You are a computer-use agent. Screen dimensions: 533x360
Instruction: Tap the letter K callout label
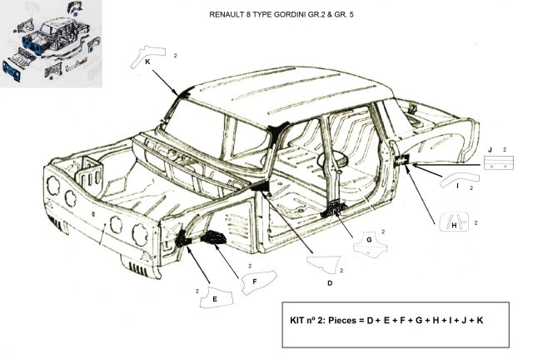point(147,62)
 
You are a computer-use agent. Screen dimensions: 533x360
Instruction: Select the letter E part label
point(215,299)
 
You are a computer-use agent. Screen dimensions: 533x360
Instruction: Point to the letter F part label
point(254,282)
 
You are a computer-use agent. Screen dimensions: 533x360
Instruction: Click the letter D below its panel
point(330,283)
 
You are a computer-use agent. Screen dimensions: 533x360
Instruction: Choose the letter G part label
point(369,239)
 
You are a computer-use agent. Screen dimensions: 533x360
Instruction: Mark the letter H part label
point(454,225)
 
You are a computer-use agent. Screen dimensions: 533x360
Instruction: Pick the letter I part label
point(457,186)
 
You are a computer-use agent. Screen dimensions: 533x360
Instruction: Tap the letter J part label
point(490,150)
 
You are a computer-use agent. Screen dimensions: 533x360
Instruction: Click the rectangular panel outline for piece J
point(499,162)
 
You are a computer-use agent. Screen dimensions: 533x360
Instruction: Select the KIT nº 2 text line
point(386,321)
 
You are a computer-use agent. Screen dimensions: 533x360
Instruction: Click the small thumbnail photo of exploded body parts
point(51,43)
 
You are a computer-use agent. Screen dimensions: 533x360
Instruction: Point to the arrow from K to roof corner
point(165,82)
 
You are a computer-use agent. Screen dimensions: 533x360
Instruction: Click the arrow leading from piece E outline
point(198,265)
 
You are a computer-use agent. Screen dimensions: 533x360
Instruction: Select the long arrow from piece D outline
point(287,222)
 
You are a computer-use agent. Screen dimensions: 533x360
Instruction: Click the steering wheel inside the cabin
point(331,158)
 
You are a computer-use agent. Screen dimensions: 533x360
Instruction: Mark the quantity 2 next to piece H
point(476,223)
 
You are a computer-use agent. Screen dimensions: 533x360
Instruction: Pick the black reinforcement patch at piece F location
point(213,237)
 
